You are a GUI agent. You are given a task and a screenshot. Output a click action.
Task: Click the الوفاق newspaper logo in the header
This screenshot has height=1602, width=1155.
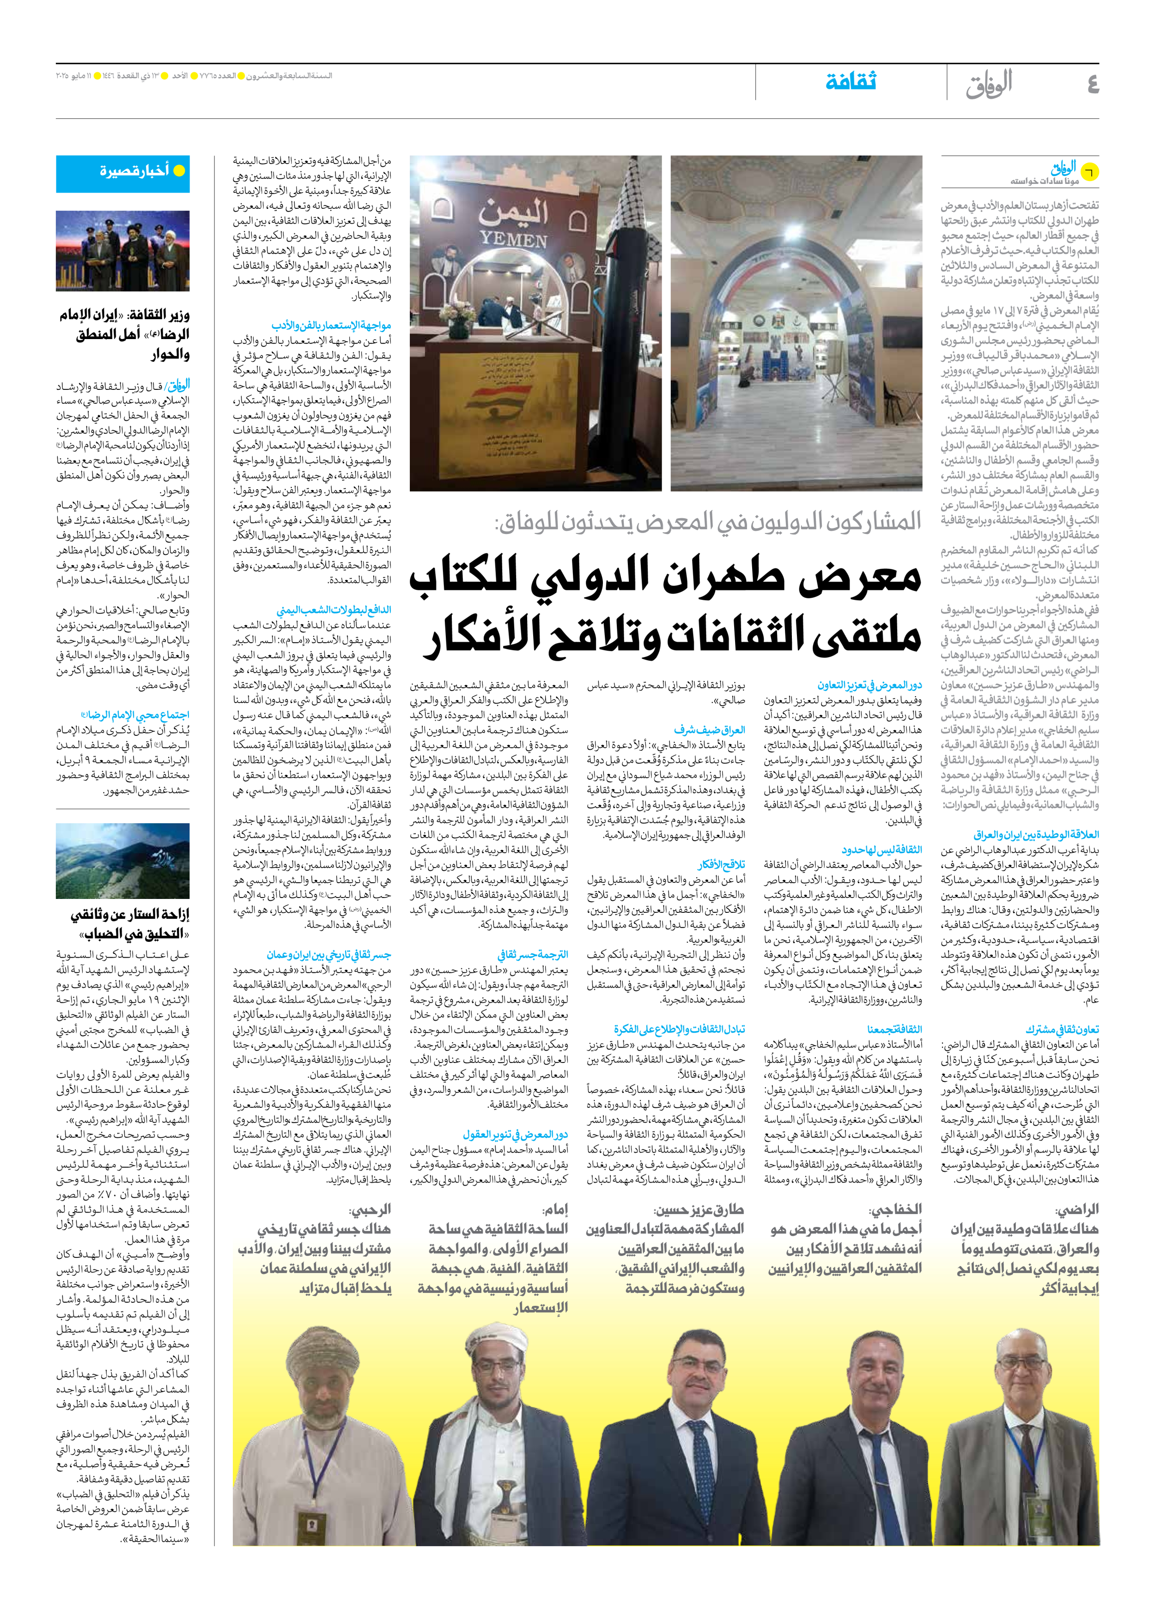coord(989,83)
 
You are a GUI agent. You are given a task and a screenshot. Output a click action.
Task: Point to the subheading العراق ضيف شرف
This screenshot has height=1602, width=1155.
coord(709,730)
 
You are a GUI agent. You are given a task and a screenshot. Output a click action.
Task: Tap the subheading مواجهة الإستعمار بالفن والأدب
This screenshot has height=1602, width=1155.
coord(331,325)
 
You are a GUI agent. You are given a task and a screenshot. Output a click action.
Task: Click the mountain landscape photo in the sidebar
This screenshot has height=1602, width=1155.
coord(123,860)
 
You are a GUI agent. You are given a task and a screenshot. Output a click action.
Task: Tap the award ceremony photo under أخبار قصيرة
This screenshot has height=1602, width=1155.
coord(123,251)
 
